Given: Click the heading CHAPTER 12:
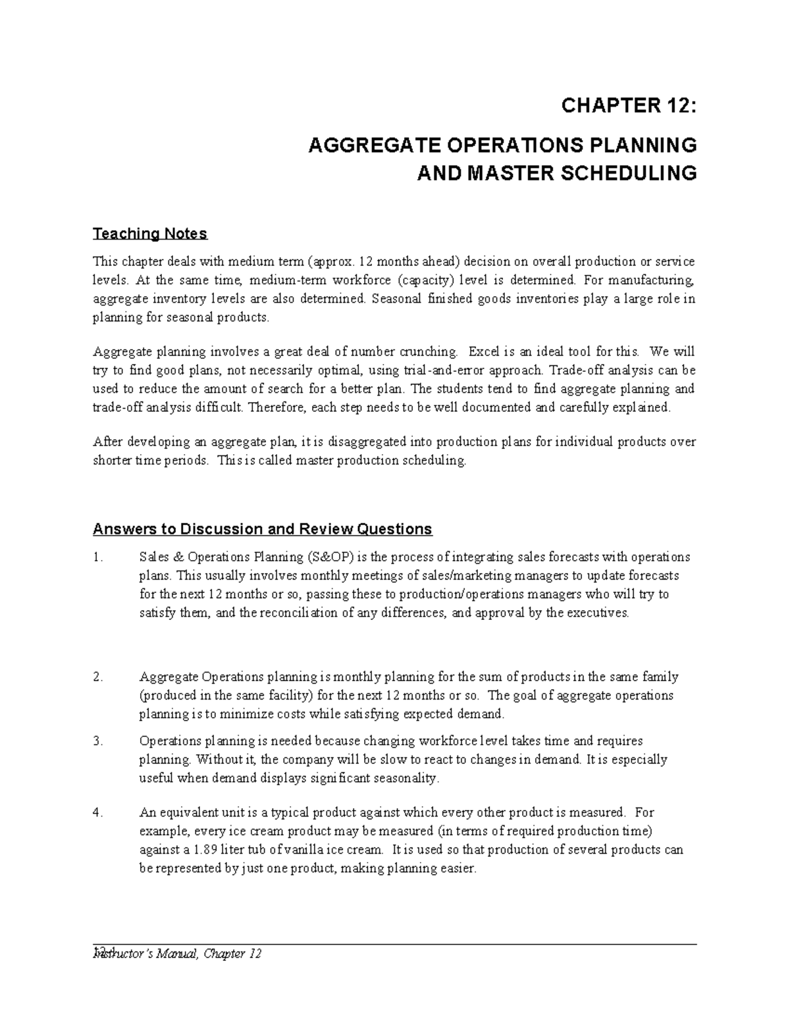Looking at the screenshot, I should coord(627,105).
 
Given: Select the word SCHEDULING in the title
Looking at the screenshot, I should coord(627,173).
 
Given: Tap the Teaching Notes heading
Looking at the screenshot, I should coord(150,234).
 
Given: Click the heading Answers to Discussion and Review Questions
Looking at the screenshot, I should coord(262,529).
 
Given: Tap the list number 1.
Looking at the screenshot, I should coord(98,557).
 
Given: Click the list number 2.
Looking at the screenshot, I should coord(98,677).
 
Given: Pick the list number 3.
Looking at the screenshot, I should coord(98,741).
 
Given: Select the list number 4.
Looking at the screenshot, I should coord(98,813).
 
